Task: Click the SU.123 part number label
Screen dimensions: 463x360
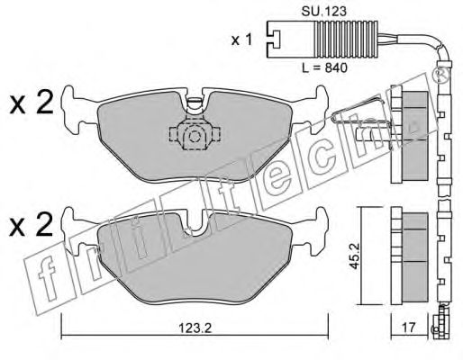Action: coord(323,12)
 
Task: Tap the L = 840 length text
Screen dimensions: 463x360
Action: coord(324,67)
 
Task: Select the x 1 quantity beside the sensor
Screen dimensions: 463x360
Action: coord(241,40)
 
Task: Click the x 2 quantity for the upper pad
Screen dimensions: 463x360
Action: coord(32,102)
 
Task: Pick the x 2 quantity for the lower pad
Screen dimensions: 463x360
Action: coord(32,224)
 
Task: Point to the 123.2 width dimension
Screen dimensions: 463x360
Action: coord(195,328)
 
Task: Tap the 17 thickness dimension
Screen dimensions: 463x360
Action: coord(409,328)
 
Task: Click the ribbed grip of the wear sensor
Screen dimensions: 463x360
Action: coord(346,39)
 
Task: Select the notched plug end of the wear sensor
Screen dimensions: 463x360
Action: coord(273,39)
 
